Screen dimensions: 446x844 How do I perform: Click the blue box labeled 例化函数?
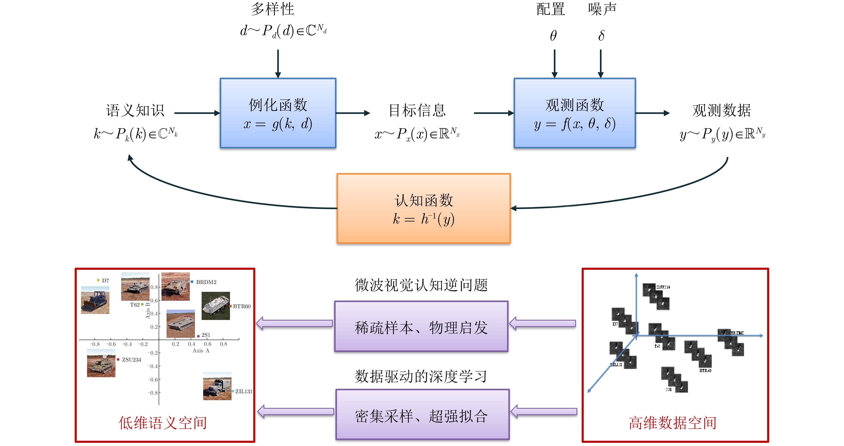click(278, 113)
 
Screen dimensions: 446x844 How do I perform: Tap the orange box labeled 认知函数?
click(423, 208)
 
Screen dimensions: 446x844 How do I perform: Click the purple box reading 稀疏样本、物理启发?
click(421, 327)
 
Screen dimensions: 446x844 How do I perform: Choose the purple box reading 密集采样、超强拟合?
click(422, 415)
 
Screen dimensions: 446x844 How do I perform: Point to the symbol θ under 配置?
click(553, 36)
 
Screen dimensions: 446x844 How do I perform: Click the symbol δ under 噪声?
click(601, 36)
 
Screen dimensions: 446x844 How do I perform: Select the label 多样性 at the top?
click(273, 9)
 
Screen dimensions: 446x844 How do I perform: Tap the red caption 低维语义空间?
click(163, 423)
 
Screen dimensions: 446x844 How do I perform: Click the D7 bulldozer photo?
click(95, 300)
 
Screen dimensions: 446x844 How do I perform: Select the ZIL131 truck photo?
click(217, 386)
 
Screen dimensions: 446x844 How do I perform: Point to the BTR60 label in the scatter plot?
click(242, 306)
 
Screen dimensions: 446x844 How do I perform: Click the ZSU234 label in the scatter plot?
click(131, 360)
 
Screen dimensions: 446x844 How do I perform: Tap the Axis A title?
click(201, 351)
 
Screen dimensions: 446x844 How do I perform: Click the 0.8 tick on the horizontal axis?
click(224, 344)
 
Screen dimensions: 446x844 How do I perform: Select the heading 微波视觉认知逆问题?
click(421, 285)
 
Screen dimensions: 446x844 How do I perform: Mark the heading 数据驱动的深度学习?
click(421, 377)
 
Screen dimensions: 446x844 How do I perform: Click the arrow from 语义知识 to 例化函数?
click(196, 113)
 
